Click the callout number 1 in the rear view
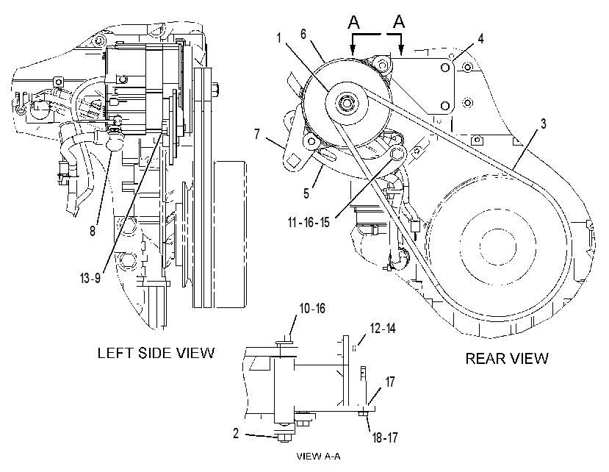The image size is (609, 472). pos(279,38)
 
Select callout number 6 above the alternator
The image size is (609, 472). pos(303,35)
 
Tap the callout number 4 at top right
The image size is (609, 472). pos(480,38)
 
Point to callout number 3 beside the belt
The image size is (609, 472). pos(543,124)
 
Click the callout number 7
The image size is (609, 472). pos(257,134)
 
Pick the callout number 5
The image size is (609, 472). pos(306,193)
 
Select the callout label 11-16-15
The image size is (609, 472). pos(309,222)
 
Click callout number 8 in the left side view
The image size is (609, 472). pos(93,231)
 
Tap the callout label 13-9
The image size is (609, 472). pos(90,278)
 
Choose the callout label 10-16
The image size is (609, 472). pos(312,308)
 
